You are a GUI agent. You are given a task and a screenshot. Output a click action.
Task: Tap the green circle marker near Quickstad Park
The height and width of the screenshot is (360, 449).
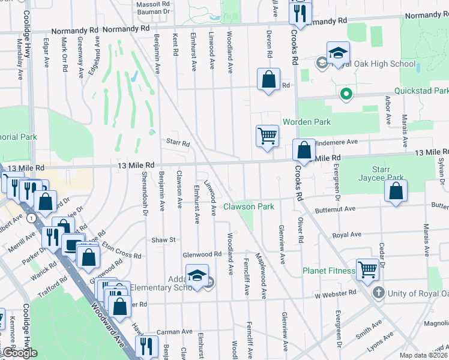pos(345,94)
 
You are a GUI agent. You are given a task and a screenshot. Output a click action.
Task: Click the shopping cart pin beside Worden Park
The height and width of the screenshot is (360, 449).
pos(267,135)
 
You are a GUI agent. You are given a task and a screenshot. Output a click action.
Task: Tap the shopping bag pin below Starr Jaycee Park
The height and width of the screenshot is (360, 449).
pos(396,192)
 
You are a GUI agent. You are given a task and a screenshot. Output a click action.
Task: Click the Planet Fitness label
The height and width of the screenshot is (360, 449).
pos(328,271)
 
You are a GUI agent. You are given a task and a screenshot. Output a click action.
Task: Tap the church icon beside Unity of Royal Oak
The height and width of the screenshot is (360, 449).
pos(378,292)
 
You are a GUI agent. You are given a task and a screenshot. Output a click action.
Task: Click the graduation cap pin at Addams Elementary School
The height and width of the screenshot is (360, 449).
pos(197,276)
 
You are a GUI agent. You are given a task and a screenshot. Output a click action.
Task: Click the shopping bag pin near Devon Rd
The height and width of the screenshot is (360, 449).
pos(268,79)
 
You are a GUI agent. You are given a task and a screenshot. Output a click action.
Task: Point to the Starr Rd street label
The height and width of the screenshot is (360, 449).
pos(178,144)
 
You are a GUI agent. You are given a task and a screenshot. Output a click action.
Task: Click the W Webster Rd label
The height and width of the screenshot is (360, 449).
pos(335,293)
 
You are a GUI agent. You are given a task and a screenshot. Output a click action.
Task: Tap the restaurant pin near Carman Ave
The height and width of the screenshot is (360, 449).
pos(145,346)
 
